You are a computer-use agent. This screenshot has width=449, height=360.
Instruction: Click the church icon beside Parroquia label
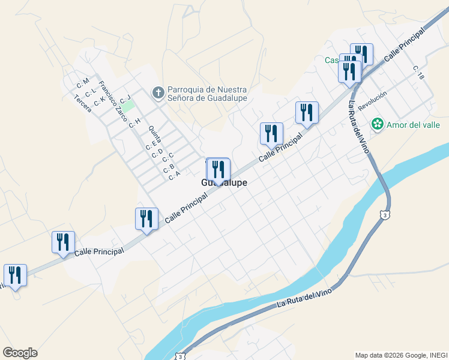[x=158, y=92]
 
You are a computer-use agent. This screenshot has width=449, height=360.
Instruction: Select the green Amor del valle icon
[x=377, y=125]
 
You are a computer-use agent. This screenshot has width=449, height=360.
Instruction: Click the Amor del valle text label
[x=413, y=125]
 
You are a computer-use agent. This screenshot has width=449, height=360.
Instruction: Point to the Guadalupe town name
[x=224, y=183]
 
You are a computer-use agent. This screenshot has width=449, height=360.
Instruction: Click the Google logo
[x=20, y=353]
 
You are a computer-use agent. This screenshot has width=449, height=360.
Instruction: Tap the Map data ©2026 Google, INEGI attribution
[x=401, y=355]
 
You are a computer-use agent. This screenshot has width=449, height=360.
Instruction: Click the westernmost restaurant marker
[x=14, y=275]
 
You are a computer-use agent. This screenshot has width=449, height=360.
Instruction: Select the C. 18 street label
[x=418, y=73]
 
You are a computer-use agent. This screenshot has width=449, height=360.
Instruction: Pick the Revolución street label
[x=372, y=100]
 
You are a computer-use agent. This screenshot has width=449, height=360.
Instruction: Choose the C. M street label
[x=82, y=81]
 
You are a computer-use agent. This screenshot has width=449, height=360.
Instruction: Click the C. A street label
[x=175, y=176]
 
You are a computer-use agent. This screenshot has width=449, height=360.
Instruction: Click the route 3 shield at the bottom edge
[x=181, y=356]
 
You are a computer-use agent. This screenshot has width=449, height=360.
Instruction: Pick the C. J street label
[x=125, y=98]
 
